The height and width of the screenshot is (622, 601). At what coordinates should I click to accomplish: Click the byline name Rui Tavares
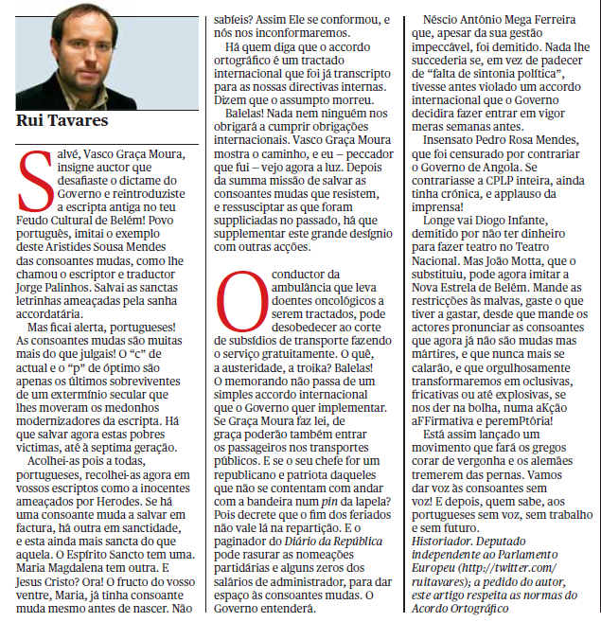62,120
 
